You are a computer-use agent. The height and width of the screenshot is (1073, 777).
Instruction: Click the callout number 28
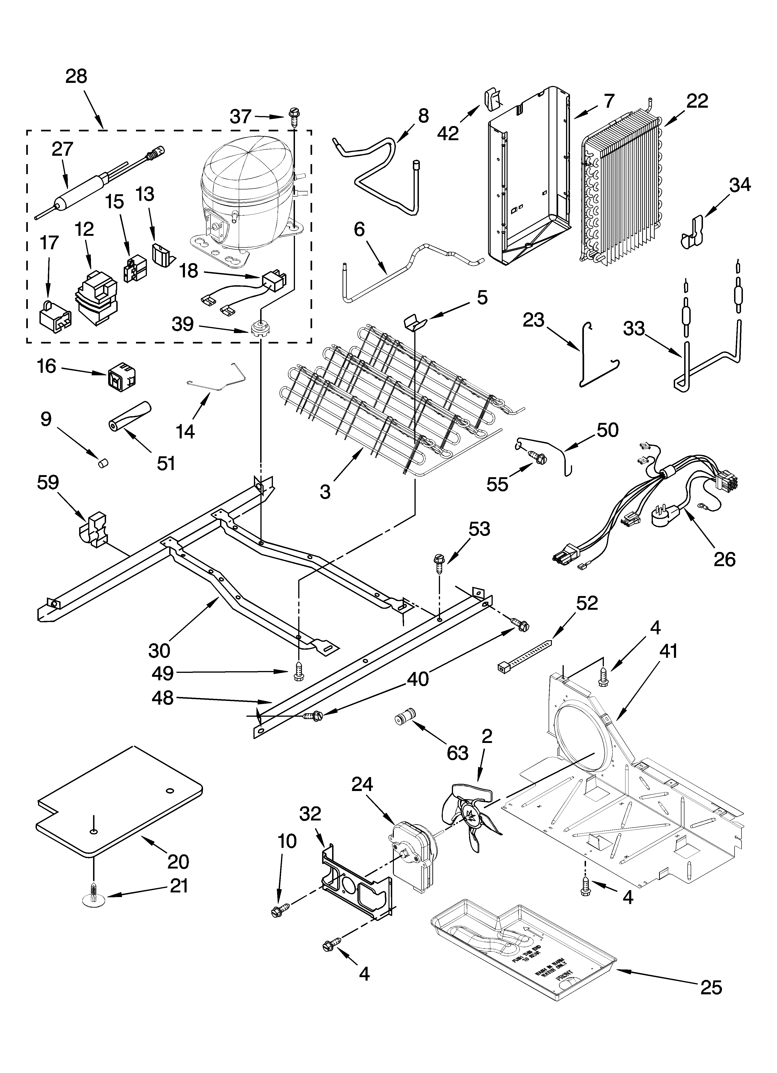(x=77, y=76)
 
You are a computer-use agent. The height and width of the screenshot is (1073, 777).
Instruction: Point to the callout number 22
(x=697, y=101)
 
